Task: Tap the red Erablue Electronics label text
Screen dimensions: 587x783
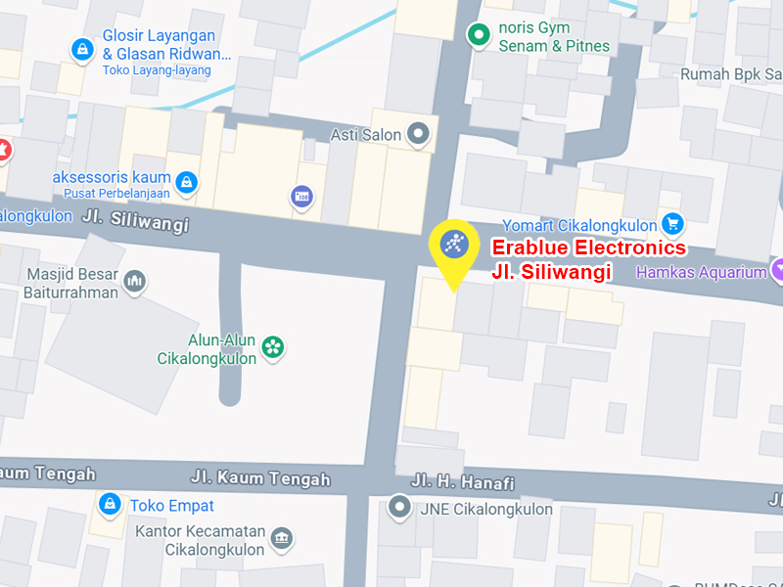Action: [588, 248]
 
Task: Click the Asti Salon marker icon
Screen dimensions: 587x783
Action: [419, 134]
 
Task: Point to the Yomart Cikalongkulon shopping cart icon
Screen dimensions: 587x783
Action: [671, 224]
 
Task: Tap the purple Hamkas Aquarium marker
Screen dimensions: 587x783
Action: [778, 271]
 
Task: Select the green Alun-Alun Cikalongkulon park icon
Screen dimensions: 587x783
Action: [273, 346]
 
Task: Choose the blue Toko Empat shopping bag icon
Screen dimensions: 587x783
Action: [111, 505]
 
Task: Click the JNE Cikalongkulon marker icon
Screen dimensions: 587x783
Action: [399, 508]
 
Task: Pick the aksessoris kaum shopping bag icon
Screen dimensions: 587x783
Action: [186, 180]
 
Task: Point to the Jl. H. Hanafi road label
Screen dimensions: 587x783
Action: [463, 481]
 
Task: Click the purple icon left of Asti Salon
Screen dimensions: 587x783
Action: [302, 197]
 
